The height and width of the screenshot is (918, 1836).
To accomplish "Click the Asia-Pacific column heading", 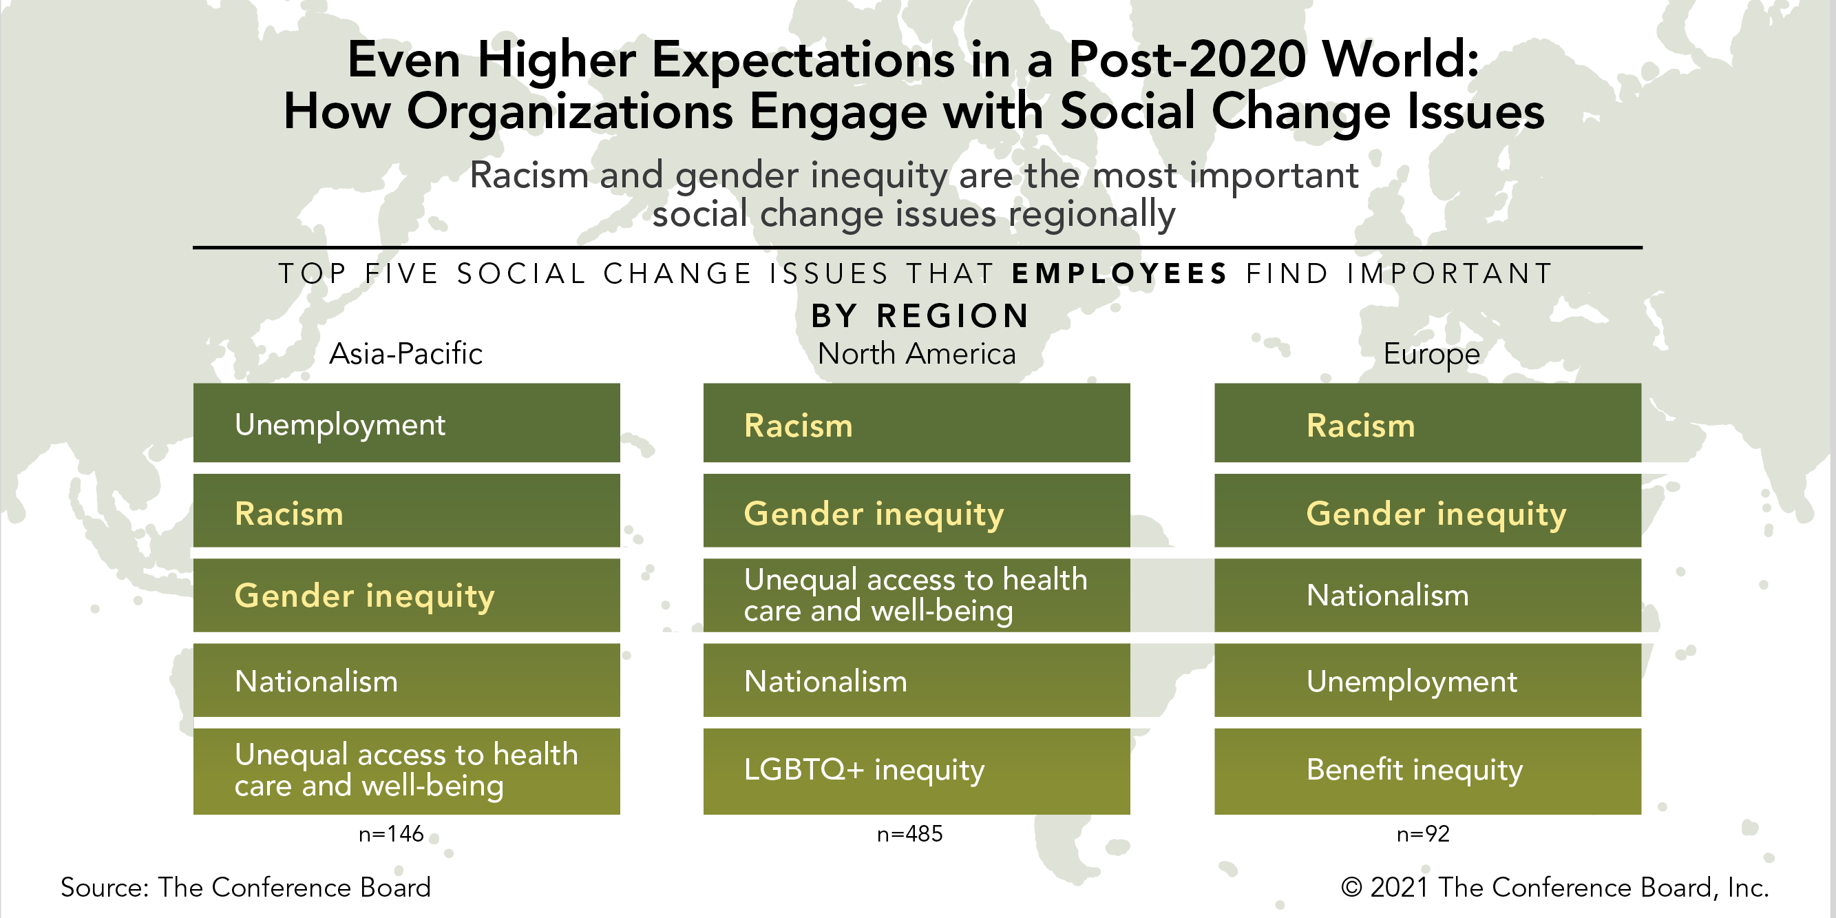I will (405, 353).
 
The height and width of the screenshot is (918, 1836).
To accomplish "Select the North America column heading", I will (916, 353).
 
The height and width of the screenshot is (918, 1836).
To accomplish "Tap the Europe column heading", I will (1431, 354).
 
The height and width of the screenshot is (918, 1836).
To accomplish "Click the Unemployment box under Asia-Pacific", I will (406, 424).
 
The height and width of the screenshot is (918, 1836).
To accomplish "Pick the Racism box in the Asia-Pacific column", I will (406, 512).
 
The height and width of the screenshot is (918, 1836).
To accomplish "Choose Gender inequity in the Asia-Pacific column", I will (406, 596).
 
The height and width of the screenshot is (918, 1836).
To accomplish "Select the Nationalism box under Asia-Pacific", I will (406, 680).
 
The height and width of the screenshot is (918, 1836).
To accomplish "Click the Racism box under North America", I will (916, 424).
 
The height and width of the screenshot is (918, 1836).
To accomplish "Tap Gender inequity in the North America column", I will (916, 512).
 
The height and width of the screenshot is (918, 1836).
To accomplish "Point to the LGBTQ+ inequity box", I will (916, 771).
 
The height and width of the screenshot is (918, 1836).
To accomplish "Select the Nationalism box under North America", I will (916, 680).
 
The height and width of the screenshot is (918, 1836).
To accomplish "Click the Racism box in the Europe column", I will (1428, 424).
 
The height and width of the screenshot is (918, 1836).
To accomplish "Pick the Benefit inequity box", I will (1428, 771).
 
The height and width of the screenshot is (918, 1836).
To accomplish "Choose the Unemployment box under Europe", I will (1428, 680).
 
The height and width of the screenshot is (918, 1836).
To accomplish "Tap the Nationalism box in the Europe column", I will (1428, 596).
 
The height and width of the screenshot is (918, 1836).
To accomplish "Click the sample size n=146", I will (390, 833).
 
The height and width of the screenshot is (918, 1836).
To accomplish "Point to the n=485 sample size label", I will (909, 833).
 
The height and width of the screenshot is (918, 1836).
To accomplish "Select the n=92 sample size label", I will (1423, 833).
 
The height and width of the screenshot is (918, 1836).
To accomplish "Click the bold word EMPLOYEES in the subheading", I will (1119, 273).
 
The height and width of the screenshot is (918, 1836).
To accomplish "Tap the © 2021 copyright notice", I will (1554, 887).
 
